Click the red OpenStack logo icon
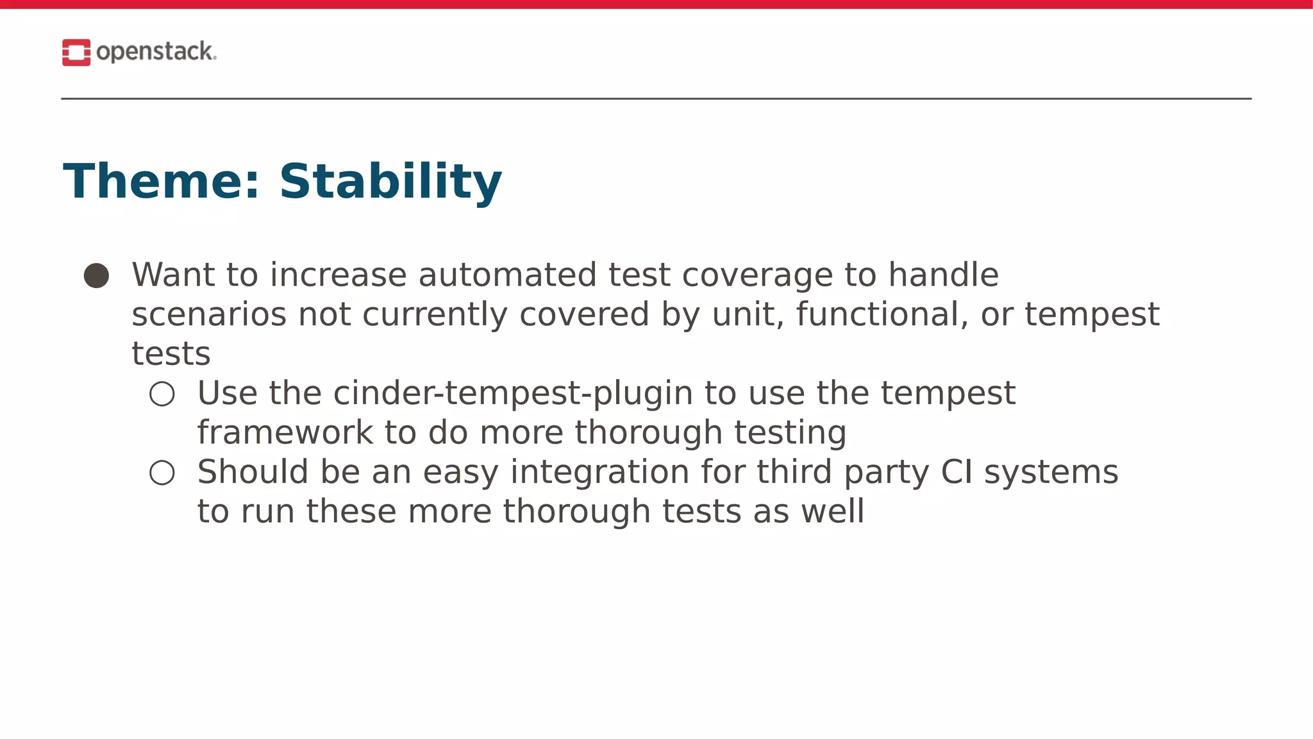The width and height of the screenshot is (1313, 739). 76,53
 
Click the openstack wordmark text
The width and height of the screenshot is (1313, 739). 155,52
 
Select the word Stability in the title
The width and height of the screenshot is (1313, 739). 390,182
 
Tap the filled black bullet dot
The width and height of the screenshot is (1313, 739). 97,276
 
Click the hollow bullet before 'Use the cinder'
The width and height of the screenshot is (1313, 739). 162,394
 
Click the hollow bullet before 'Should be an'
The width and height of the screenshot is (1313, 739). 162,473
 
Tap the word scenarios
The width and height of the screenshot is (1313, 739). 208,314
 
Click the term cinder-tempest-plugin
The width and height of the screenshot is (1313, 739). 514,393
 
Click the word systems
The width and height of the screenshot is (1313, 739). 1051,472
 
